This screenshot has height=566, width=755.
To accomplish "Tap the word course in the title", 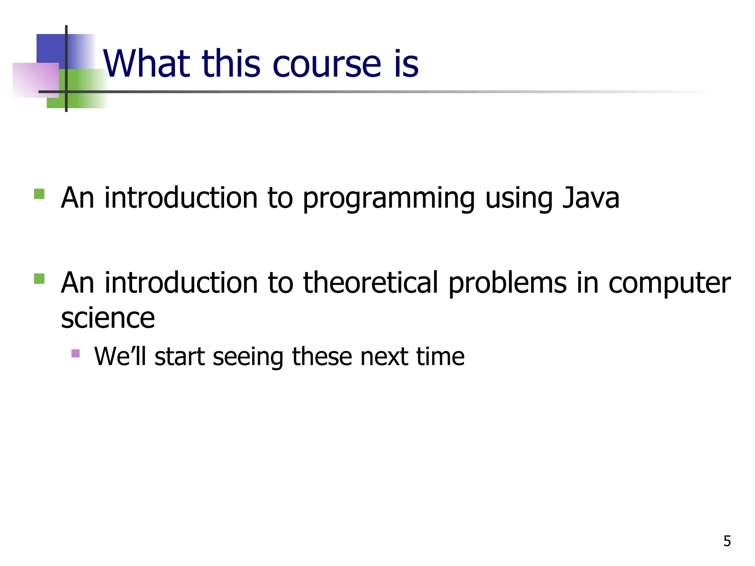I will point(327,64).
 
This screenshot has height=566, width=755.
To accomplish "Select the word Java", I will point(591,198).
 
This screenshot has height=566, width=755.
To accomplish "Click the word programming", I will point(389,199).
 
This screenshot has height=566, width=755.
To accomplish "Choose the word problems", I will point(507,283).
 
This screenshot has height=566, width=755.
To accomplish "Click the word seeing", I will point(248,357).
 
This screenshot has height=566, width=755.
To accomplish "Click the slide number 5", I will point(727,541).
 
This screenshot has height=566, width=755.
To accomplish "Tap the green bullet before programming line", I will point(39,194).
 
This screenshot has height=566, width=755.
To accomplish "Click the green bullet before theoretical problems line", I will point(39,279).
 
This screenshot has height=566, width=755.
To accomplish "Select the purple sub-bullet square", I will point(76,353).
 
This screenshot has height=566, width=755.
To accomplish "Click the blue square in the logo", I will point(51,48).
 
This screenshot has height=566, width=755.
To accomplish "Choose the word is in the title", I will point(406,64).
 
